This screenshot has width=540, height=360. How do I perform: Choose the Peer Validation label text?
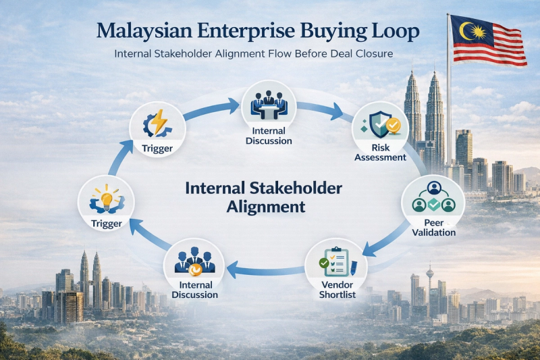click(x=433, y=228)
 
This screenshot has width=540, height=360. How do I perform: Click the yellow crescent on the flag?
click(x=466, y=29)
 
